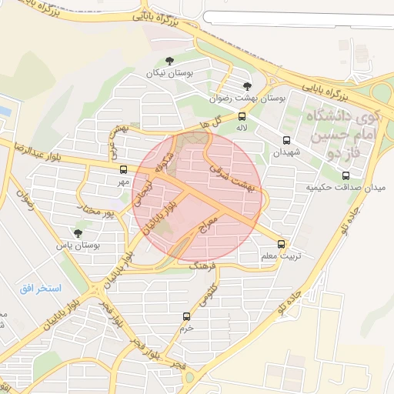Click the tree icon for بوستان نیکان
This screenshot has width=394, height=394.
coord(170,60)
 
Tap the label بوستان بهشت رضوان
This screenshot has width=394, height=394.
coord(248,99)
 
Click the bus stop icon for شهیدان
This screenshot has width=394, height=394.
coord(286,140)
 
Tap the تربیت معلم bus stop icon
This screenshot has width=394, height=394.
coord(284,242)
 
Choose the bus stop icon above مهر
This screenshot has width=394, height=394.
coord(123,169)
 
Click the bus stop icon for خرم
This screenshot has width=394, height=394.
coord(185,316)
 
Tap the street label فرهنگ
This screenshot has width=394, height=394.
coord(204,265)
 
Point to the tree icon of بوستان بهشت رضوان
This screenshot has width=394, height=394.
coord(247,86)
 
